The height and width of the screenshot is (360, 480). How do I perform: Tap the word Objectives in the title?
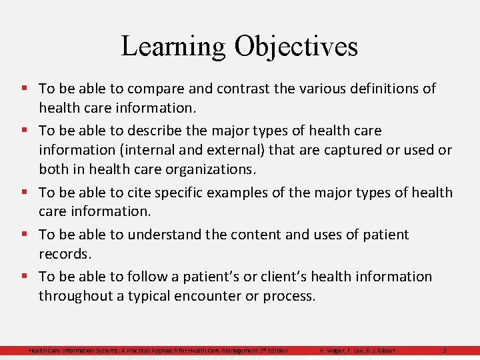pos(296,47)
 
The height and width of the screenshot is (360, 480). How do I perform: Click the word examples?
pos(244,193)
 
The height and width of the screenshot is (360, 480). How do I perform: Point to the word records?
pos(64,254)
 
